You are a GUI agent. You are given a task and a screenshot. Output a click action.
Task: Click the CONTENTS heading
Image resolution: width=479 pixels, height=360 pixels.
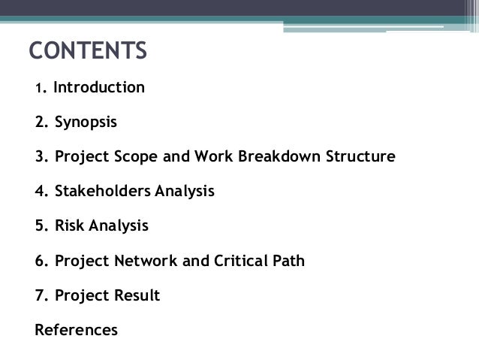point(88,52)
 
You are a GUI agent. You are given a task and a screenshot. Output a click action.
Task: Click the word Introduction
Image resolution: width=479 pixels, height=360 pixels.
point(99,88)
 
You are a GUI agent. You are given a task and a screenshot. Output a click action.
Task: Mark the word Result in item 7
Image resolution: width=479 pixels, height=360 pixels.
point(136,295)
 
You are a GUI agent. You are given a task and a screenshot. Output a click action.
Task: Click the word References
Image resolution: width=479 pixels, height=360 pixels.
point(77,329)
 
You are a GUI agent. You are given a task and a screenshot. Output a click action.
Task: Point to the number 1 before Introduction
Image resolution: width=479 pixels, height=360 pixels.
point(38,89)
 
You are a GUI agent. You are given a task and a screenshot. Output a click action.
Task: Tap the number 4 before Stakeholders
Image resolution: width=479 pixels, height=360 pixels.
point(39,191)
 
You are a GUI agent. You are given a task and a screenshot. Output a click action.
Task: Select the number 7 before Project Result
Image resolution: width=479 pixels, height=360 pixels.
point(39,295)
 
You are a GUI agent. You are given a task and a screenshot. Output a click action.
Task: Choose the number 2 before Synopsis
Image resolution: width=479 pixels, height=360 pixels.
point(39,122)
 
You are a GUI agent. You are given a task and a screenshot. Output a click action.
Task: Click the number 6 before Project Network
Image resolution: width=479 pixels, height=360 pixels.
point(39,261)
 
